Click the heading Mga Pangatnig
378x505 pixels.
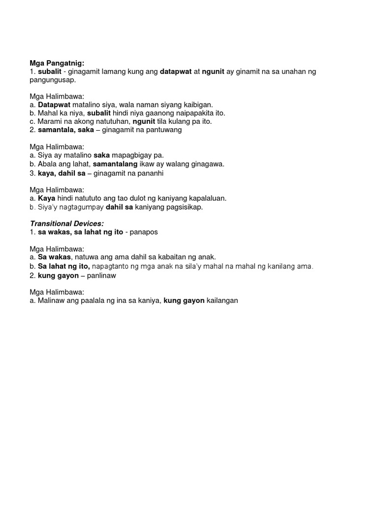(57, 63)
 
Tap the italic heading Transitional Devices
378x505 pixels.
(67, 223)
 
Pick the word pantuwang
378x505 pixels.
(163, 130)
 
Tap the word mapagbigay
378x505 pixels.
(132, 155)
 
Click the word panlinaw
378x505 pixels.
(101, 276)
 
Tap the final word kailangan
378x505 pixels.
(222, 300)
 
